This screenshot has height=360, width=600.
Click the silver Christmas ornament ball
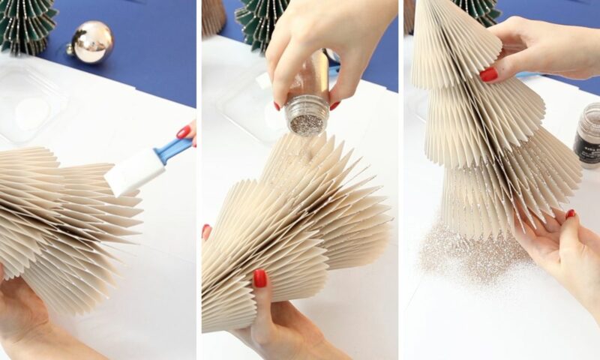[91, 42]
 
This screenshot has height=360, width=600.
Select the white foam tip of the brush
[134, 172]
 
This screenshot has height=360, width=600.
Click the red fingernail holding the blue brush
[183, 132]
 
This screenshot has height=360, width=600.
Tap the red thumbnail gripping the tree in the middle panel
[260, 278]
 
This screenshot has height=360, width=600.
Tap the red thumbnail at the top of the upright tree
[488, 74]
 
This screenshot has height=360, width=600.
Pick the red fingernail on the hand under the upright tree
[570, 214]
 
